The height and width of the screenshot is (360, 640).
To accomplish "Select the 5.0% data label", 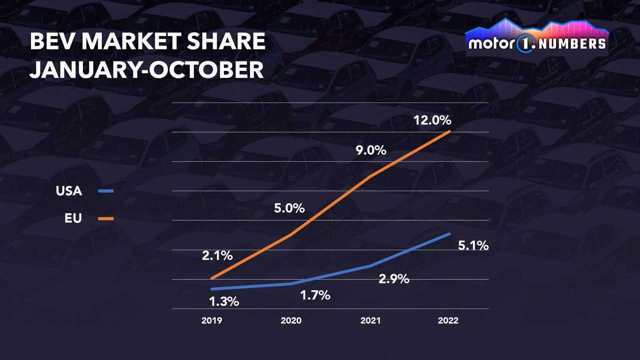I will pos(289,208).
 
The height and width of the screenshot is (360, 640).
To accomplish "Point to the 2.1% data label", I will pos(217,255).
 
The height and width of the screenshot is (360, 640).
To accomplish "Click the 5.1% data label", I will pos(473,246).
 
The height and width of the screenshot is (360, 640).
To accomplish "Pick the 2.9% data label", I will pos(394,279).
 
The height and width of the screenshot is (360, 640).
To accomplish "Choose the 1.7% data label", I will pos(315,295).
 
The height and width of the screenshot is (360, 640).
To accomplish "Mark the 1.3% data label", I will pos(223,301).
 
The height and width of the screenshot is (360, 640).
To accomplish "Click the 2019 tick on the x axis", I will pos(212,321).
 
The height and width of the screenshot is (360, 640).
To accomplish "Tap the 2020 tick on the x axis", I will pos(291,321).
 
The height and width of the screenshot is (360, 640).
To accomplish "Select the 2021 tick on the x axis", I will pos(370,321).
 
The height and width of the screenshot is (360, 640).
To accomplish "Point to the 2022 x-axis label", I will pos(448,321).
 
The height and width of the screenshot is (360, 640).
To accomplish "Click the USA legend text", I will pos(69,191).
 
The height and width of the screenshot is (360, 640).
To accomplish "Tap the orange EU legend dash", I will pos(106,218).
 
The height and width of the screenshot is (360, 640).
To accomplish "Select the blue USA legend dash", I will pos(106,191).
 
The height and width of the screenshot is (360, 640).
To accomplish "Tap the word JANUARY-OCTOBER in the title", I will pos(146,70).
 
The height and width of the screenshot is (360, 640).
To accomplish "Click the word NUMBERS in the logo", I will pos(574,43).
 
